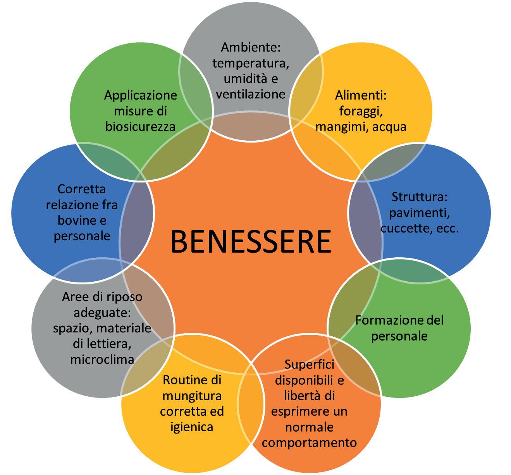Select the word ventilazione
(x=251, y=94)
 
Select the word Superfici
(x=309, y=364)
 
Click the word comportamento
(x=309, y=442)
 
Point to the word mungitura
(x=192, y=396)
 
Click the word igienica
(x=192, y=427)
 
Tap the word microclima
(x=102, y=359)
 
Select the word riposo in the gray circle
(x=122, y=297)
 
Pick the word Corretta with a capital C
(x=81, y=189)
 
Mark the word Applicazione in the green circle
(x=140, y=95)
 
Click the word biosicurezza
(x=140, y=126)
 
